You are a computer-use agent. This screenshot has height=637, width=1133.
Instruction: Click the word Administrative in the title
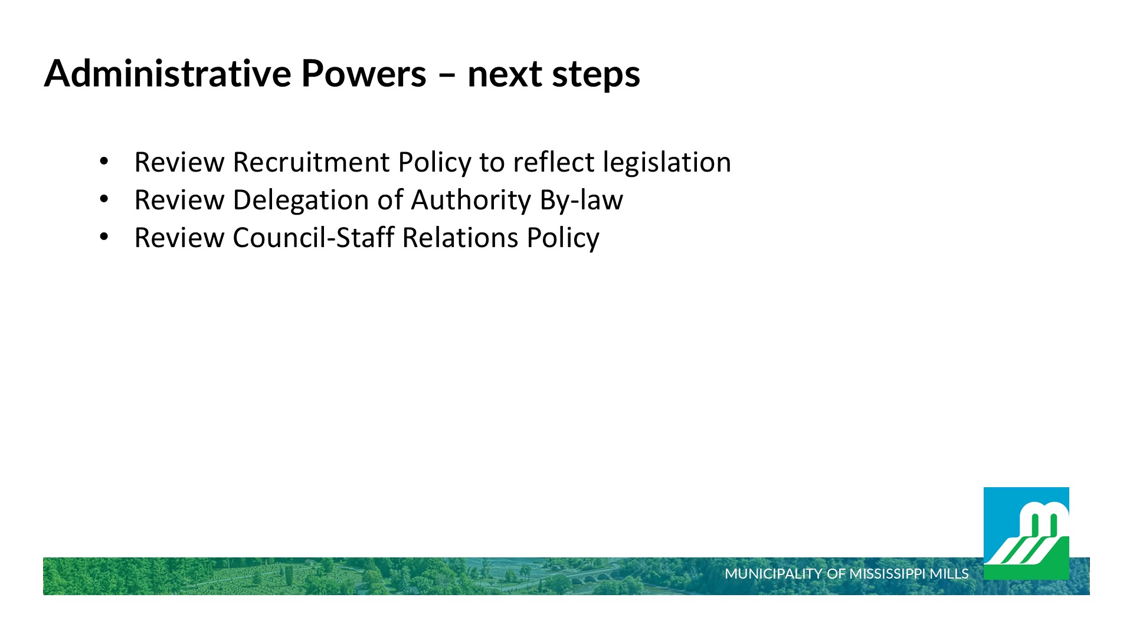(x=168, y=73)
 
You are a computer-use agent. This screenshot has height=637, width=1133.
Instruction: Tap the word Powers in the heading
(x=364, y=73)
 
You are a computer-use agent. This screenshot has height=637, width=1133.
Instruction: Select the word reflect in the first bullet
(x=554, y=162)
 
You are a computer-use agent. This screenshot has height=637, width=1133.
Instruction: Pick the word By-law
(x=581, y=201)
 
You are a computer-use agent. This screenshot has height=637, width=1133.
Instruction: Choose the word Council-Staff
(x=313, y=237)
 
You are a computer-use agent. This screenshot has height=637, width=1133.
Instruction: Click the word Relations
(x=460, y=237)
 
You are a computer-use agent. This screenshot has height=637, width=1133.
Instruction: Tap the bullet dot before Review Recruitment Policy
(x=104, y=161)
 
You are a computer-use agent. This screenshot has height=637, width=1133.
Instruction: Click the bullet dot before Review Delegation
(x=104, y=199)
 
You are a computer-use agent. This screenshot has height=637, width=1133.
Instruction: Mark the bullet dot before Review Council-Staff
(x=104, y=237)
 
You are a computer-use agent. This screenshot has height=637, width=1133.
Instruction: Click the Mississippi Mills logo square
(x=1026, y=533)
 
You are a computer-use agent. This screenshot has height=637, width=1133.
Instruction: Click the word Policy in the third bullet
(x=563, y=238)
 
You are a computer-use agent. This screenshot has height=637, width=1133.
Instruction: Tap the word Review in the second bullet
(x=179, y=199)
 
